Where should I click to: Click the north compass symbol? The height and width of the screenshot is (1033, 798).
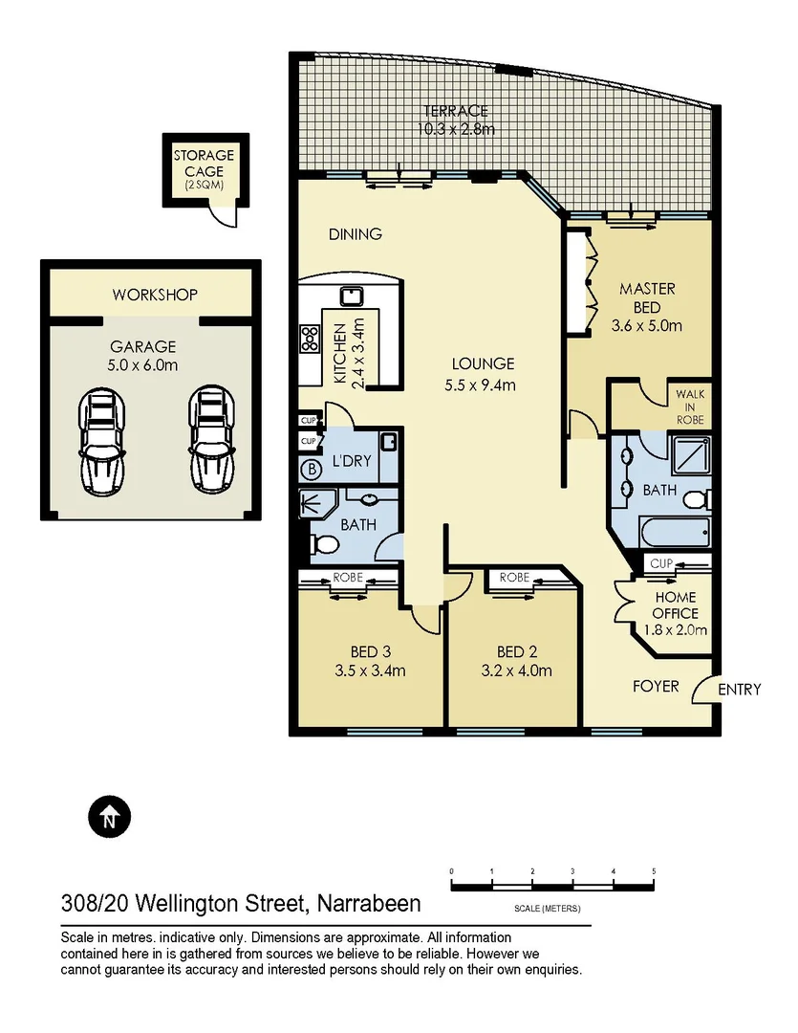click(110, 818)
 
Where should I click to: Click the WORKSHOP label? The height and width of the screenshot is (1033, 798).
click(154, 295)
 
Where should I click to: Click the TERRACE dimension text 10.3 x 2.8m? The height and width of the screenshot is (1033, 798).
click(456, 129)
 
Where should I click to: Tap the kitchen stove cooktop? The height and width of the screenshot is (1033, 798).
click(311, 337)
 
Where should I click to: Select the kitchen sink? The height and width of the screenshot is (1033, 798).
click(350, 294)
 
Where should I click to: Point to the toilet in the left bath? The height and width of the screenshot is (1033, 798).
click(325, 544)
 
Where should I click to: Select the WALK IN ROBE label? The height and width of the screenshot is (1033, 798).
click(689, 406)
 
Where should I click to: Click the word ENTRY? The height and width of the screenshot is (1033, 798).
click(739, 689)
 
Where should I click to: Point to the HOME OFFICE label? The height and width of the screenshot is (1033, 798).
click(676, 605)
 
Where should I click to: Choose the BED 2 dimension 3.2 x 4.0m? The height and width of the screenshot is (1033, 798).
click(517, 670)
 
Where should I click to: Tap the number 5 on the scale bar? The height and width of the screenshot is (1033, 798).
click(654, 871)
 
